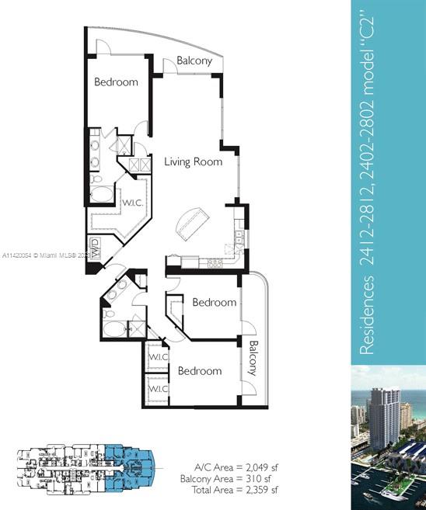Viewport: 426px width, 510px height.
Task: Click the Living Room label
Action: tap(193, 162)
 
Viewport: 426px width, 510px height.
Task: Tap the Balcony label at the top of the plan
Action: tap(194, 61)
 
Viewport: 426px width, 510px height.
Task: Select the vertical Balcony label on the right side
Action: tap(253, 358)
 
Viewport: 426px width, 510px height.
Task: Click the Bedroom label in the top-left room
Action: tap(116, 82)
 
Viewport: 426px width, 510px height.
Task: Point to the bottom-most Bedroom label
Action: tap(200, 371)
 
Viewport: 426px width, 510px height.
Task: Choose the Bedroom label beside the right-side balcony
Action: tap(214, 303)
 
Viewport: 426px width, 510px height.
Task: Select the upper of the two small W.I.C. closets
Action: tap(159, 357)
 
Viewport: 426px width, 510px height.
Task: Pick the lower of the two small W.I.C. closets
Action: tap(159, 388)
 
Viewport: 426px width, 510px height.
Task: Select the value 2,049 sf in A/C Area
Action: tap(261, 467)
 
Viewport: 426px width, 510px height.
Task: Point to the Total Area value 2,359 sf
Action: tap(261, 490)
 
